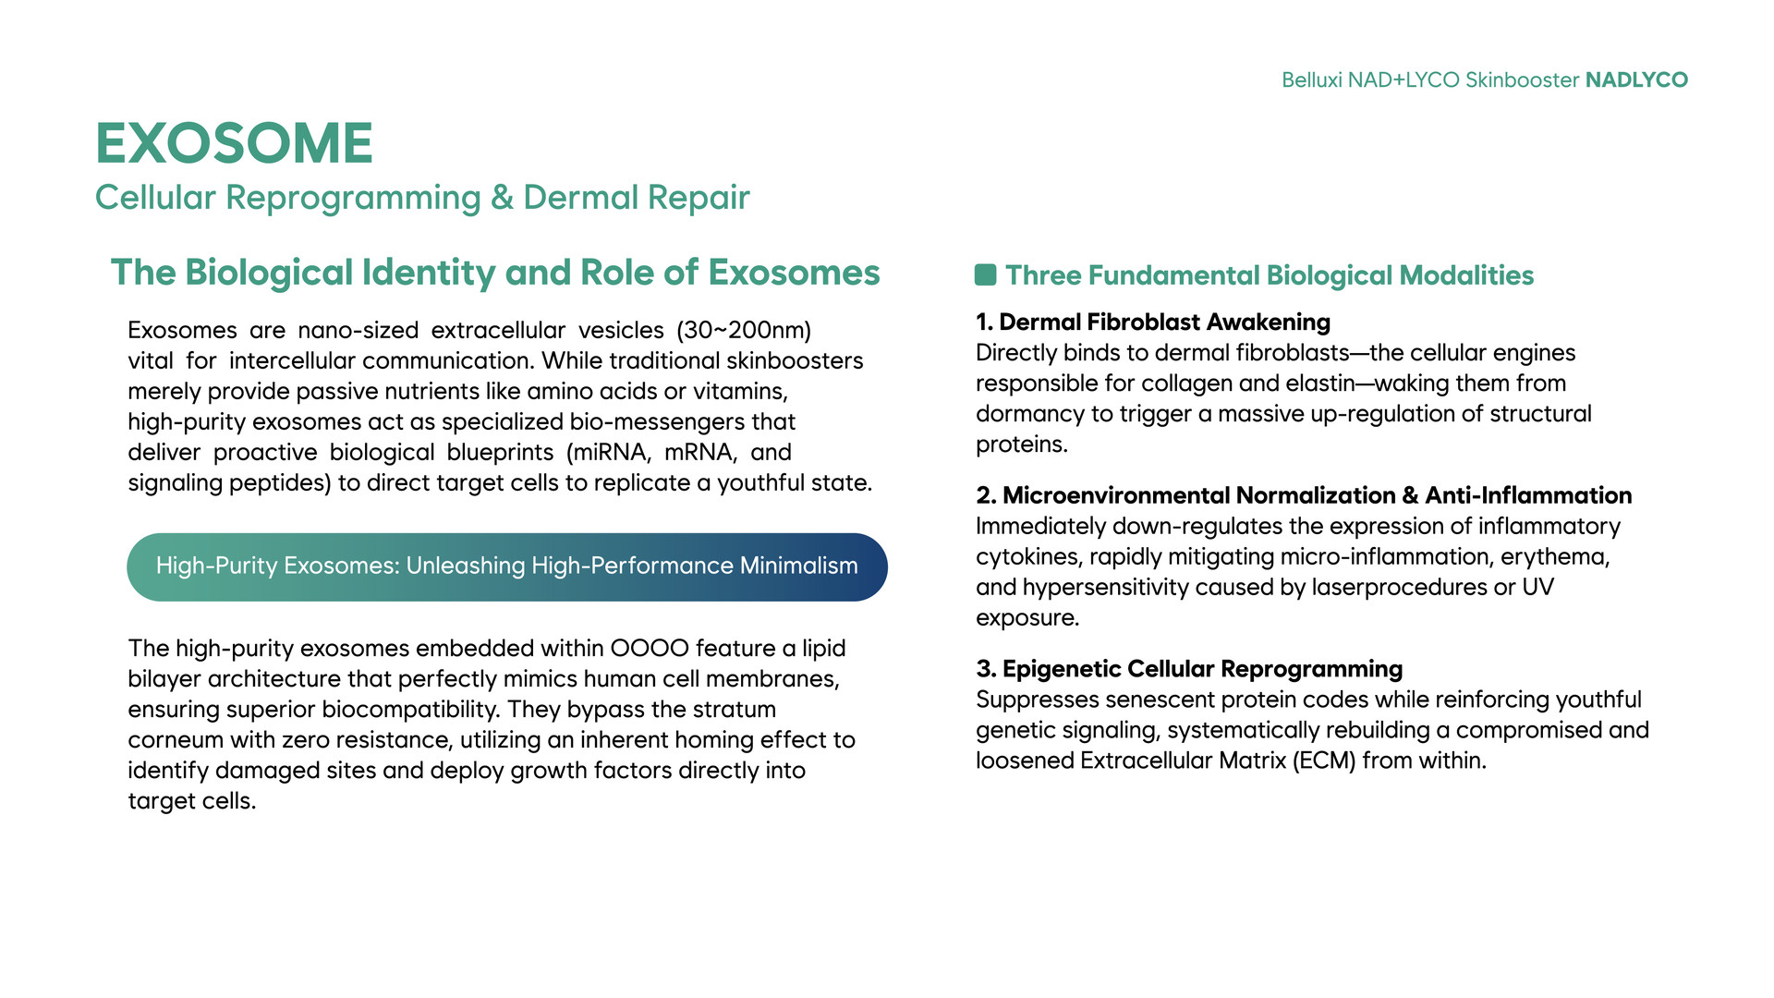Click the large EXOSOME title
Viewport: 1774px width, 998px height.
[x=234, y=143]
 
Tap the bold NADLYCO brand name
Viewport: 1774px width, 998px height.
[x=1636, y=80]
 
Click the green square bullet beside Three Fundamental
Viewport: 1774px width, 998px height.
[x=985, y=274]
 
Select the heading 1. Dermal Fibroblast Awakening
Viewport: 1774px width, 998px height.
[x=1153, y=322]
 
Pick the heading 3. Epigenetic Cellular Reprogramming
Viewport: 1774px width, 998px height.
[x=1189, y=668]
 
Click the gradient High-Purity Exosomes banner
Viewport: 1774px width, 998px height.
[x=507, y=566]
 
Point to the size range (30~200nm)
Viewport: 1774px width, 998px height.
[x=744, y=330]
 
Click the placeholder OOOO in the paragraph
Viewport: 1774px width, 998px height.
[x=650, y=648]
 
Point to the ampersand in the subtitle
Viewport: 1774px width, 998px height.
[x=502, y=197]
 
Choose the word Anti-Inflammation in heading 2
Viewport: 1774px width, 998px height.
[x=1528, y=495]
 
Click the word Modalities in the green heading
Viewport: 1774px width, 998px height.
[x=1466, y=275]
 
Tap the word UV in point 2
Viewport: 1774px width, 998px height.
[x=1538, y=588]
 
